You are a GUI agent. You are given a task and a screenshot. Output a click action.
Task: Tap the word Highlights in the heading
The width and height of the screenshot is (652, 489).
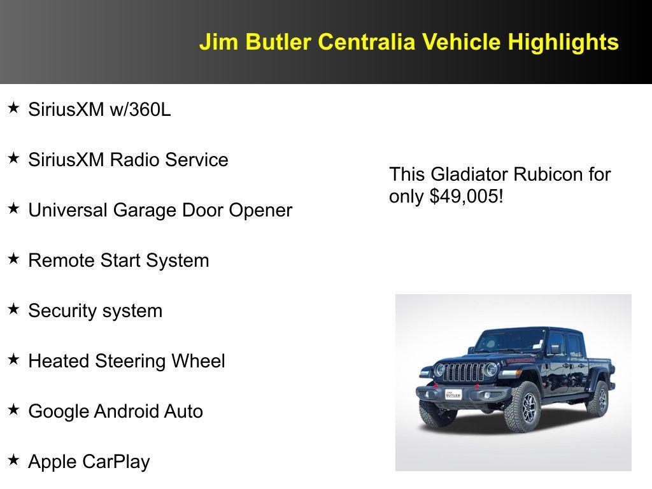coord(563,42)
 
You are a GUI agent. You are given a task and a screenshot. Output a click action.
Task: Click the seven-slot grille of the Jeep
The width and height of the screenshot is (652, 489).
coord(463,373)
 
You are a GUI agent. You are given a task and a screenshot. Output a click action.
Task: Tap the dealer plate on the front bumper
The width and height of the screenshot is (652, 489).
coord(453,394)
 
